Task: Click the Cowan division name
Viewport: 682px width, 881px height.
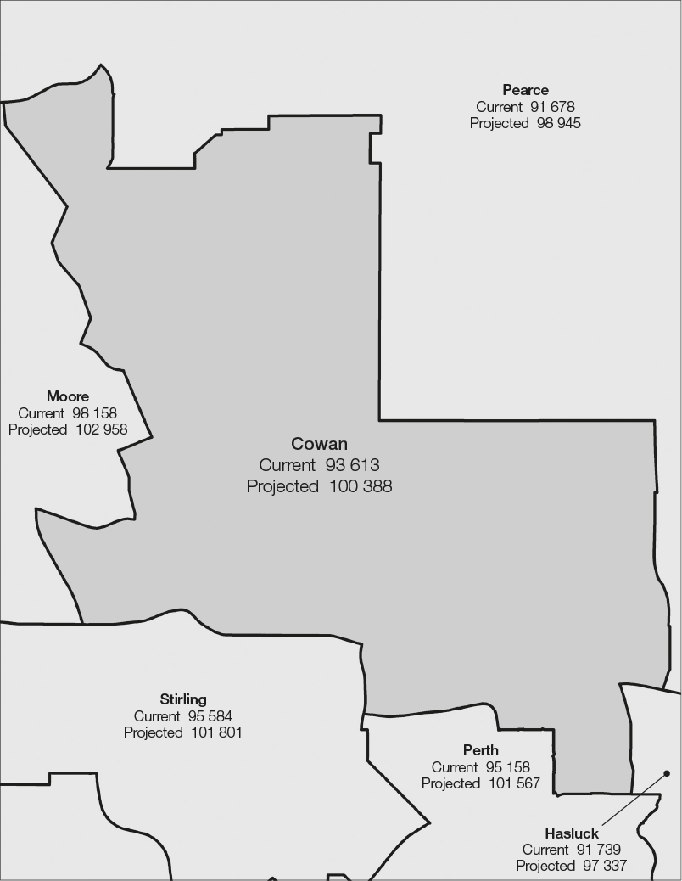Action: [319, 444]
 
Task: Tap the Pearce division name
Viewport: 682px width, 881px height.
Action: [525, 90]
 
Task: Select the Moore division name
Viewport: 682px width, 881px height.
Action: [68, 396]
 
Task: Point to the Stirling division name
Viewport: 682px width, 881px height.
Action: [183, 699]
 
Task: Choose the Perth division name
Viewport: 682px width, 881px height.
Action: [481, 750]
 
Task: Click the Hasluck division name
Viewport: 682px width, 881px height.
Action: [572, 833]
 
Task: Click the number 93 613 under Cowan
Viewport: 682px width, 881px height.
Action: [352, 465]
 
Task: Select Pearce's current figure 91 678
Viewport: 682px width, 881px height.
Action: [552, 107]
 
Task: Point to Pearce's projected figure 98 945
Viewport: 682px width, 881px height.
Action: [558, 123]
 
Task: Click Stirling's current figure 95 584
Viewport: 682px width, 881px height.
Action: [210, 716]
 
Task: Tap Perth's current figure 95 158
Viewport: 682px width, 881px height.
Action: [507, 767]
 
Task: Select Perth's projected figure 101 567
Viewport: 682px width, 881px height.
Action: [513, 783]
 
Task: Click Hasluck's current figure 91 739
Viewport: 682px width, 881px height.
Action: [598, 850]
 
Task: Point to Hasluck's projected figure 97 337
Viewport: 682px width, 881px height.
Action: [604, 866]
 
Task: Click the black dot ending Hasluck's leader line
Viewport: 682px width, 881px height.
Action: [667, 773]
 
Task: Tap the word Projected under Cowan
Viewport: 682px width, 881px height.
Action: [282, 486]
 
